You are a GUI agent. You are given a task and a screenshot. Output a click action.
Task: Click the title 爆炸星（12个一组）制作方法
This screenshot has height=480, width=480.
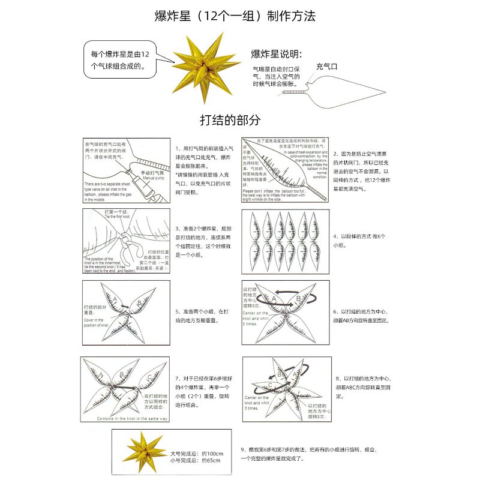pos(240,16)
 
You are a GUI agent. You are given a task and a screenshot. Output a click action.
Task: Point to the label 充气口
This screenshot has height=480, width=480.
pos(326,67)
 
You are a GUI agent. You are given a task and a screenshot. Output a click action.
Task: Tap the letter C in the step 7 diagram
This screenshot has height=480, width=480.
pos(149,377)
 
